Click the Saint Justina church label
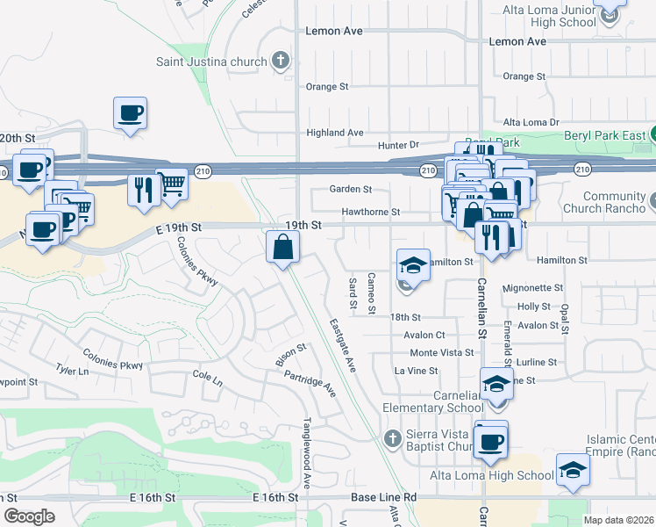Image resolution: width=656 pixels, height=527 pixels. [x=211, y=61]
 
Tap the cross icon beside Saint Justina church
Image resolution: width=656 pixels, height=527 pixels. [x=281, y=61]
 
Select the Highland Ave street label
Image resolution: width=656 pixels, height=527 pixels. [x=335, y=133]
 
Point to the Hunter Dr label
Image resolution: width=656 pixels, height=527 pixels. [x=399, y=145]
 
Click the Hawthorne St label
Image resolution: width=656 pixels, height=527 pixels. [x=371, y=212]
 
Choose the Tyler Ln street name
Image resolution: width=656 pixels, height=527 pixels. [x=73, y=372]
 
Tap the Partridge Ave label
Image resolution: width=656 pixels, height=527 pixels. [x=310, y=383]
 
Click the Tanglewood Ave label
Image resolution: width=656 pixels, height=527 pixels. [x=308, y=452]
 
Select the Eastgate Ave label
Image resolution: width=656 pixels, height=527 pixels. [x=342, y=345]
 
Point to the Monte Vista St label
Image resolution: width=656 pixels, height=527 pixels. [x=441, y=353]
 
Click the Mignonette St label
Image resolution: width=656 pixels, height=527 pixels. [x=533, y=288]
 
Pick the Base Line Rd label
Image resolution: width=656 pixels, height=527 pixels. [x=382, y=497]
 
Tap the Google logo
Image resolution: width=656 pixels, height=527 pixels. [x=28, y=516]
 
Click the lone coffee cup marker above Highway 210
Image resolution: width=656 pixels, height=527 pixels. [x=130, y=113]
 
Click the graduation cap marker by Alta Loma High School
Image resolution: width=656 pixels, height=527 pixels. [x=573, y=469]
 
